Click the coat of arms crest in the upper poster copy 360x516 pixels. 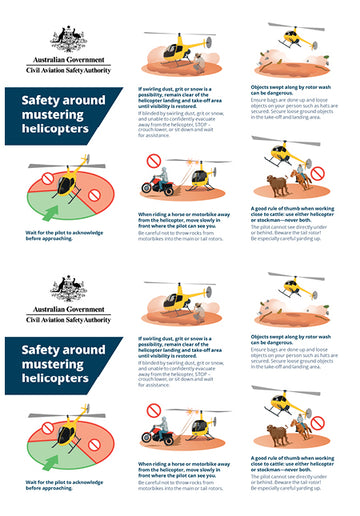67,38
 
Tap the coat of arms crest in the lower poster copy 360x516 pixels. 67,289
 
